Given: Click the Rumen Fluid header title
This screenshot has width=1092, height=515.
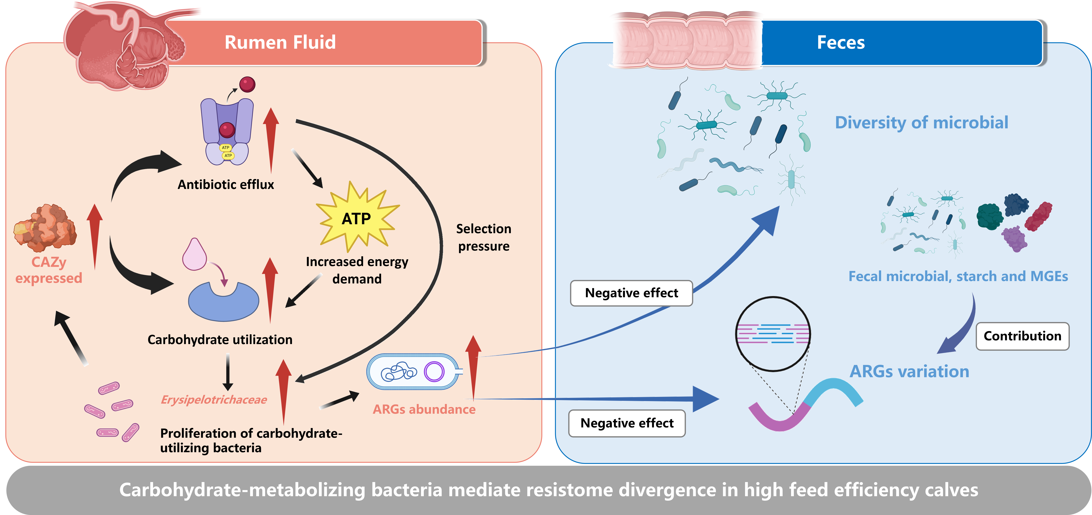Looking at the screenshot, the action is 280,42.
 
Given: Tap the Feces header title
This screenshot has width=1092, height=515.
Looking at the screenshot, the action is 841,42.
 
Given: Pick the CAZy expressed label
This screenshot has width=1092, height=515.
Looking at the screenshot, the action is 49,270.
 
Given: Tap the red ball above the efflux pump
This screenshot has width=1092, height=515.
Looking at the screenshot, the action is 247,84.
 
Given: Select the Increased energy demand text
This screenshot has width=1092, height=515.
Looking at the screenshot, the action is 357,270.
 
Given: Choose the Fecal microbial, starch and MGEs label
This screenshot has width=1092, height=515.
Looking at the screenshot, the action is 958,276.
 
